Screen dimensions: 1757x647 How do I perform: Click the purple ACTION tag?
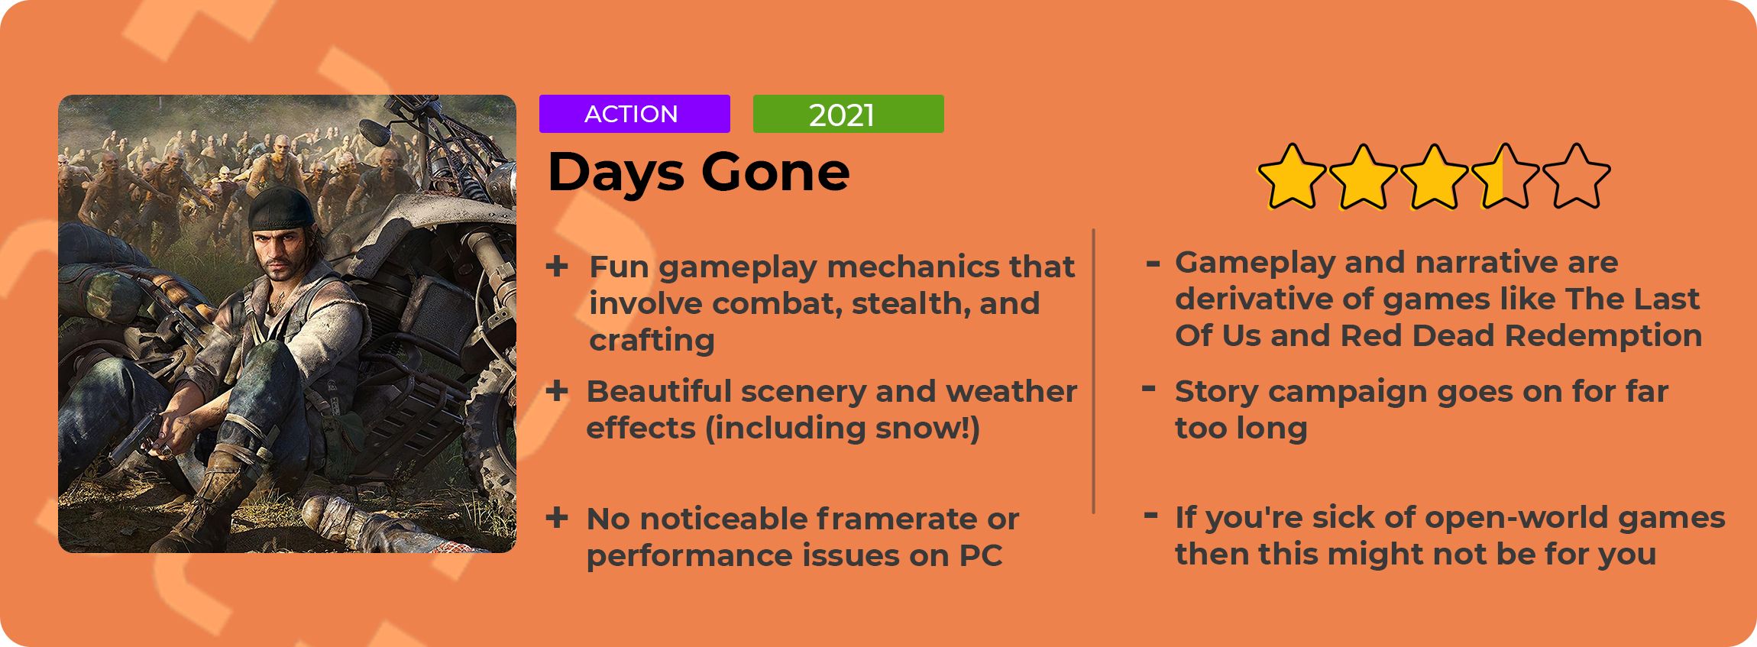click(x=634, y=114)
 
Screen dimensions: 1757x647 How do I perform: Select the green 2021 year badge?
click(x=848, y=114)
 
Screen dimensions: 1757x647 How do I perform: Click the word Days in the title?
click(x=616, y=173)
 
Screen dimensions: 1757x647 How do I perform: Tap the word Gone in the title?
click(x=775, y=172)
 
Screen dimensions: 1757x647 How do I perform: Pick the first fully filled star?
click(x=1292, y=176)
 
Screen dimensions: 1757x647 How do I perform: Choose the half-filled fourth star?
click(x=1505, y=176)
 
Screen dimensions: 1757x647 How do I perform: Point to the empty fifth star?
click(x=1576, y=176)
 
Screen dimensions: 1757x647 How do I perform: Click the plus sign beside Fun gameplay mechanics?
click(x=557, y=267)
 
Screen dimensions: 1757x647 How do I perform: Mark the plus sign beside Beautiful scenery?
click(x=557, y=391)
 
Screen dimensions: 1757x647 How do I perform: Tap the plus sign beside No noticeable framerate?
click(x=557, y=518)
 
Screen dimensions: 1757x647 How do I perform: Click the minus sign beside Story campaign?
click(x=1148, y=389)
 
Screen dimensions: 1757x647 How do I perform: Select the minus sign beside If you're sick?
click(x=1150, y=516)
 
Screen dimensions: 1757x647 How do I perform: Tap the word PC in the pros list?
click(x=980, y=555)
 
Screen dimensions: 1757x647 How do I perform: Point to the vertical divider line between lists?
click(x=1094, y=370)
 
